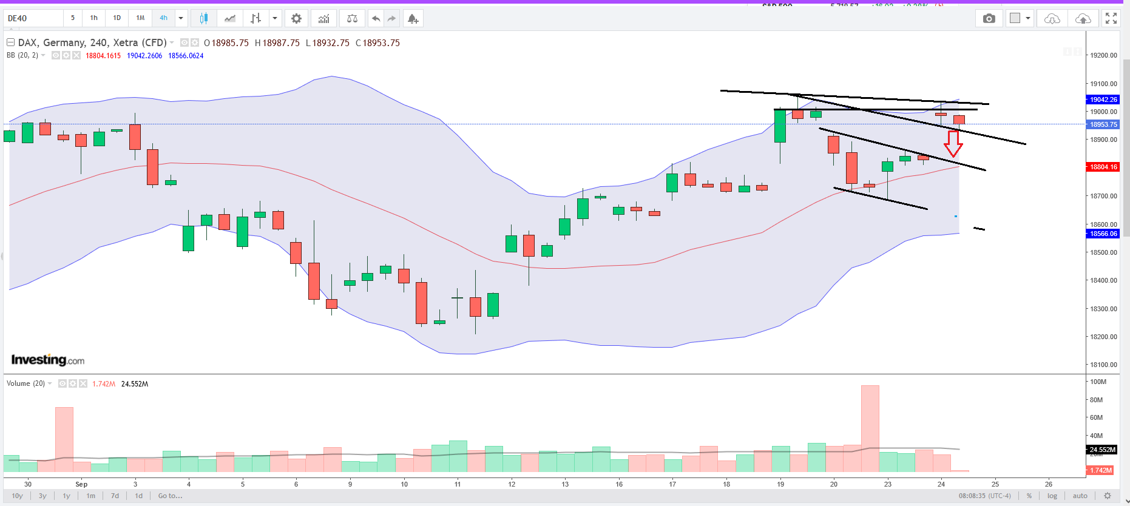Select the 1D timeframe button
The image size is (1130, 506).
pos(117,18)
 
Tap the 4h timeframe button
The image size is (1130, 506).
pos(163,18)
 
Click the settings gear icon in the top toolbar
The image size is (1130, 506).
pos(296,19)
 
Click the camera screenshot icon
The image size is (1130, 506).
pos(989,19)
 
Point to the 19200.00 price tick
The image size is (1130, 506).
pos(1103,55)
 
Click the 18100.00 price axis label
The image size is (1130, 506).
pos(1103,365)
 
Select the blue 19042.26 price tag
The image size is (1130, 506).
pos(1103,100)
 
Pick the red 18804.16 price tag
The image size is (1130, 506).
pos(1103,167)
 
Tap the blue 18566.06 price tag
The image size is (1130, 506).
pos(1103,234)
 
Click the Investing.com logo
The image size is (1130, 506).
pos(48,360)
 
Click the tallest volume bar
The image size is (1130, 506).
pos(870,428)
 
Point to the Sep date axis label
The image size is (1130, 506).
pos(81,484)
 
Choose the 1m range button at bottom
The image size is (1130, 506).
pos(91,496)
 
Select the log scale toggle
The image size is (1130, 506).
pos(1052,496)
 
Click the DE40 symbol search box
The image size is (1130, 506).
pos(33,18)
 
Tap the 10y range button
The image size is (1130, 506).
pos(18,496)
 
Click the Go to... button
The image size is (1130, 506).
pos(170,496)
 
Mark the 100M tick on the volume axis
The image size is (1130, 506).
pos(1098,382)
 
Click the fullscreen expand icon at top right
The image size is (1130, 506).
pos(1111,19)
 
